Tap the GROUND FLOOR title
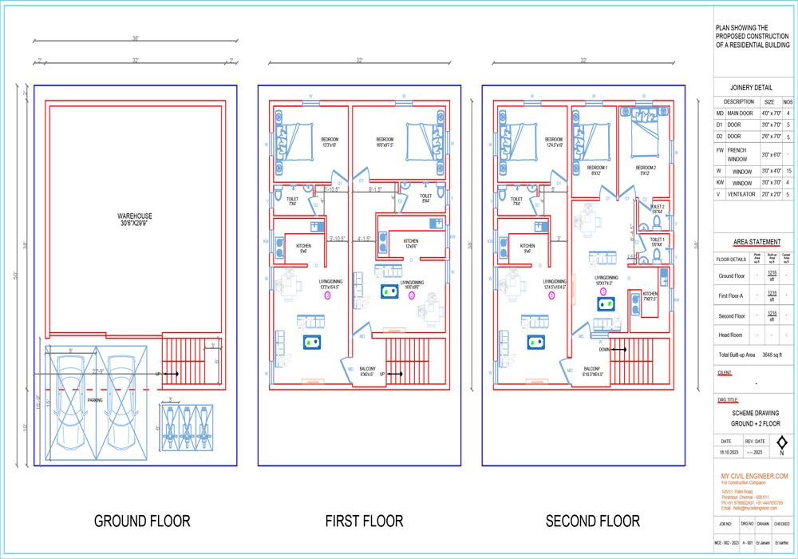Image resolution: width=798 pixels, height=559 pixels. [x=142, y=521]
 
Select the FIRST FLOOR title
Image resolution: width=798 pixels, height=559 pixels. [x=364, y=521]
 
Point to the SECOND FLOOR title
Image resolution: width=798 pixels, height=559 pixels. [x=592, y=521]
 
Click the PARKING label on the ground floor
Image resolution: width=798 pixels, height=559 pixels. [x=95, y=400]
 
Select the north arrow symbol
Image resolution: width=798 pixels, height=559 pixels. [x=781, y=444]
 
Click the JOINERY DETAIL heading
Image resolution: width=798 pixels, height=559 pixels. [x=751, y=87]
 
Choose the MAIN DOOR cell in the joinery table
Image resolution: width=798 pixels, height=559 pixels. [x=740, y=113]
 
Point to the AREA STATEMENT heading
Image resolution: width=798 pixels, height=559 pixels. [x=757, y=242]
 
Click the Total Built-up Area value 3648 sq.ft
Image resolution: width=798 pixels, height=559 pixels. [x=772, y=354]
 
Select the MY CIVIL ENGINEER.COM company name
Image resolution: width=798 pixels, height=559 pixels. [x=754, y=476]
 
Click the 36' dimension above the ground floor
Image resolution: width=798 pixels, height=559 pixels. [x=136, y=38]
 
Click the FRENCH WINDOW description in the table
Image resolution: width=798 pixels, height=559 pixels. [x=737, y=154]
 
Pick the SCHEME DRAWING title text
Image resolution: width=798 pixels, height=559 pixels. [x=755, y=413]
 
